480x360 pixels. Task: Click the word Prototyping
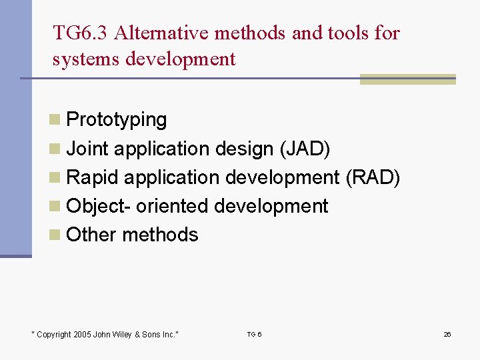(x=117, y=120)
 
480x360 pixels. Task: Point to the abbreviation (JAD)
(x=305, y=149)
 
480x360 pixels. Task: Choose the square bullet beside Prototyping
(x=55, y=120)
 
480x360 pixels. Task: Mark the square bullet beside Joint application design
(x=55, y=149)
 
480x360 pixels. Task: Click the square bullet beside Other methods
(x=55, y=235)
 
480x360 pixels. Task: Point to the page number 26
(x=447, y=334)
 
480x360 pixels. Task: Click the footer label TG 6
(x=254, y=334)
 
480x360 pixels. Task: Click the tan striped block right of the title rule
(x=407, y=79)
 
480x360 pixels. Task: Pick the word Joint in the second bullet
(x=89, y=149)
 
